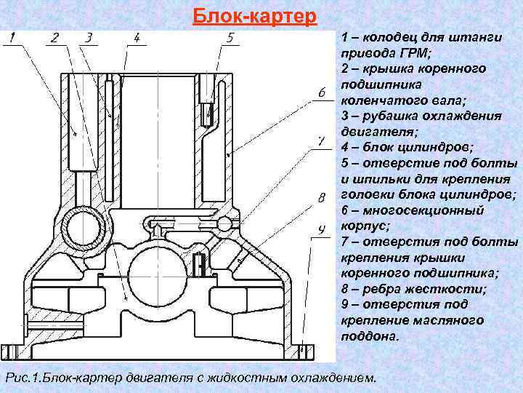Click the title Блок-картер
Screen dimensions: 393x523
tap(255, 15)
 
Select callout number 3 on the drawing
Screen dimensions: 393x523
tap(88, 38)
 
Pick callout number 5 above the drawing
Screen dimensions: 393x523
tap(230, 38)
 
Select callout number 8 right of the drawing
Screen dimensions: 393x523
tap(320, 197)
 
